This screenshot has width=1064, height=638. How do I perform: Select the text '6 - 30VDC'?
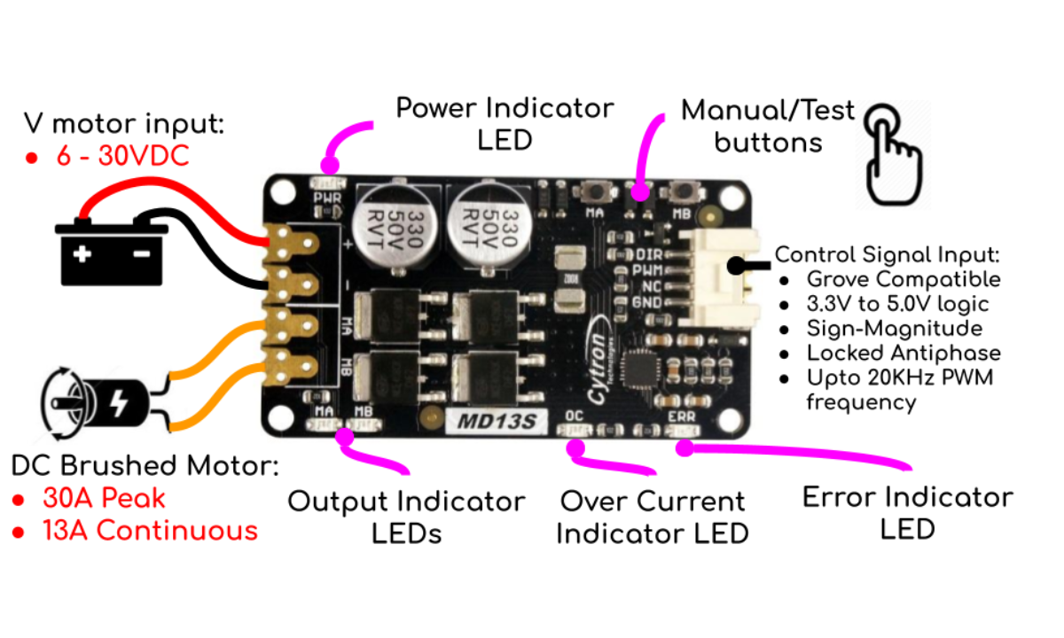click(x=122, y=157)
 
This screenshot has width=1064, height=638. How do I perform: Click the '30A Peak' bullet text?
click(x=103, y=498)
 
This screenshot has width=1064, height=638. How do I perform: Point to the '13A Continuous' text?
click(x=150, y=531)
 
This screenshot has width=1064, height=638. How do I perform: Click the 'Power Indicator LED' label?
click(x=505, y=123)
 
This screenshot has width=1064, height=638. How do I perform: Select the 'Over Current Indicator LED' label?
click(x=653, y=517)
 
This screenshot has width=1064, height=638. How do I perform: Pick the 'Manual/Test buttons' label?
click(x=768, y=125)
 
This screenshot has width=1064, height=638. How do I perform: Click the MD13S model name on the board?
click(x=497, y=422)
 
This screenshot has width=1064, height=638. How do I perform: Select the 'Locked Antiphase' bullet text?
click(x=904, y=353)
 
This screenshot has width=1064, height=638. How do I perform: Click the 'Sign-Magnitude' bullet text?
click(x=895, y=329)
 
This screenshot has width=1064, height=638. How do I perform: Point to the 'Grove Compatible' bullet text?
click(x=904, y=280)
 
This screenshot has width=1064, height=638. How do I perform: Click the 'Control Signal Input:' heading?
click(x=888, y=255)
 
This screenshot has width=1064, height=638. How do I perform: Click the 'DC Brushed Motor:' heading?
click(x=145, y=466)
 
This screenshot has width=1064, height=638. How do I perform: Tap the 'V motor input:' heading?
click(x=124, y=123)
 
